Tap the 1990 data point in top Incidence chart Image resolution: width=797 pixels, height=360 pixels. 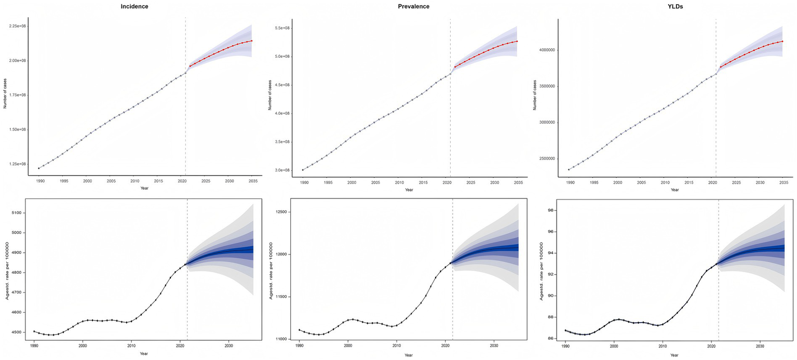[x=38, y=168]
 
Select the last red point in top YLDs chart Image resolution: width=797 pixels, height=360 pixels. [x=782, y=42]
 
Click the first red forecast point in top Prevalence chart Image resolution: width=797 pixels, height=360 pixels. [x=455, y=67]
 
